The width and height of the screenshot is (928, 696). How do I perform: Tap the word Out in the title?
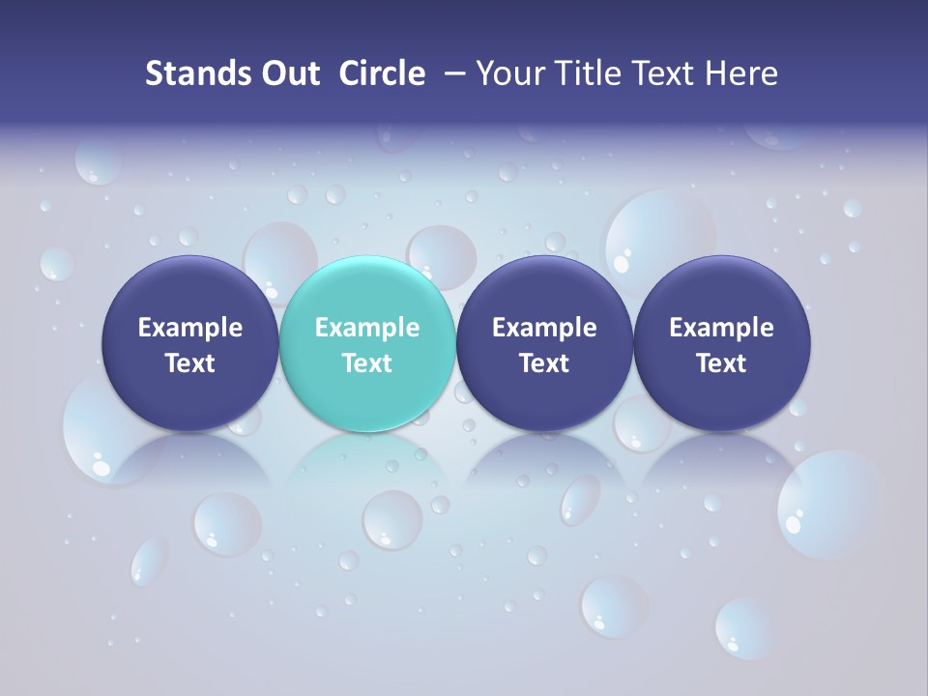click(288, 73)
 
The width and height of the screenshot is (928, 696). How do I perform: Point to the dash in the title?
click(450, 73)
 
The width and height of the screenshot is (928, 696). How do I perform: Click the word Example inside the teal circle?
click(367, 328)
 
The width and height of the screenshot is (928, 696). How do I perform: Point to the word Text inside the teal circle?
click(367, 363)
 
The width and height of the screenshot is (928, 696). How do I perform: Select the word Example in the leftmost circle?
click(190, 328)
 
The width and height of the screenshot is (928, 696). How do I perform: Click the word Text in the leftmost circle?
click(190, 363)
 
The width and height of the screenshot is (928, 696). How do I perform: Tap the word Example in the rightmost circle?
click(722, 328)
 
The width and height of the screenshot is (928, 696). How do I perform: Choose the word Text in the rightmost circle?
click(722, 363)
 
